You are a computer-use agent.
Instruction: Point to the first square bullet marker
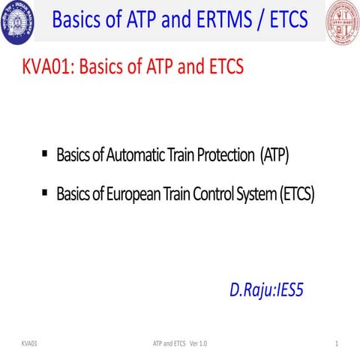(46, 154)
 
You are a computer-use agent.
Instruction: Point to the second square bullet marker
(46, 193)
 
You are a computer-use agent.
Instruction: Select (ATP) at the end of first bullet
(274, 156)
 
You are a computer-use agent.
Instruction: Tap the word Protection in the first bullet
(223, 156)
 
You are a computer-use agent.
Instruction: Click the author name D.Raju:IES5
(266, 290)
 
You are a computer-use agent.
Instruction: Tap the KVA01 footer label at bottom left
(30, 343)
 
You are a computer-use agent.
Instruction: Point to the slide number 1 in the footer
(339, 343)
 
